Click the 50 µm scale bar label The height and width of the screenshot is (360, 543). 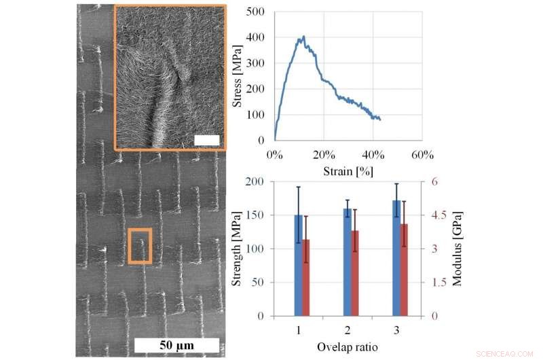point(176,346)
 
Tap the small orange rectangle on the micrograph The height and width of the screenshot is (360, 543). point(140,246)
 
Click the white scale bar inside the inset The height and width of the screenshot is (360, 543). point(206,140)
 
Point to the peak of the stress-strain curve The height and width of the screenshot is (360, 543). point(303,37)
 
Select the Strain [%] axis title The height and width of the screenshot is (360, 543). point(348,169)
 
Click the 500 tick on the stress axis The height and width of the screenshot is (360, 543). point(255,12)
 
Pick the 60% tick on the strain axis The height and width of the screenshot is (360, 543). point(422,154)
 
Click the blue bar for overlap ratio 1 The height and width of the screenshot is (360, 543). point(298,266)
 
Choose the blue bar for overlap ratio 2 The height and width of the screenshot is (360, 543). point(348,262)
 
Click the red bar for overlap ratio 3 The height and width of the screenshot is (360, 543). point(404,270)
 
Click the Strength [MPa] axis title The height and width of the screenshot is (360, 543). point(238,249)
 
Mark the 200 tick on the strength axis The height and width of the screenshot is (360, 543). point(255,181)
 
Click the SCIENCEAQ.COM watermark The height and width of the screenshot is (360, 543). point(506,354)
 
